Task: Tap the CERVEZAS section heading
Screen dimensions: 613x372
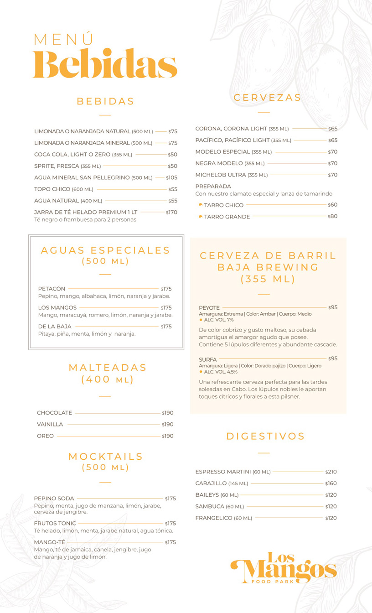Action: pyautogui.click(x=267, y=98)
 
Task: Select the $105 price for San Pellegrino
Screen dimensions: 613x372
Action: pyautogui.click(x=171, y=178)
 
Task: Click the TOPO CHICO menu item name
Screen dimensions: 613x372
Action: pyautogui.click(x=52, y=189)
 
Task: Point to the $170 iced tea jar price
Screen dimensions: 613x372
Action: pyautogui.click(x=171, y=213)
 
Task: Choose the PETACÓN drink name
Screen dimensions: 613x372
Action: pyautogui.click(x=52, y=289)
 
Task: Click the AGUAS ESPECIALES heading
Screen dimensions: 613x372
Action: pyautogui.click(x=105, y=250)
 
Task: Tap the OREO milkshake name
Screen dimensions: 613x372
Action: pyautogui.click(x=46, y=436)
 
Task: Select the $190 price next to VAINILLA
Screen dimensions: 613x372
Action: pyautogui.click(x=168, y=425)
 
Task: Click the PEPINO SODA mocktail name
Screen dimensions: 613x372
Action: pyautogui.click(x=54, y=499)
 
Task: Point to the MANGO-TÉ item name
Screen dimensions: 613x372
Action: pyautogui.click(x=50, y=542)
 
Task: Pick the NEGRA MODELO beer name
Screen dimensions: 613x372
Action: pyautogui.click(x=219, y=163)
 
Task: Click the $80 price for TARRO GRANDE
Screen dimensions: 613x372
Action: pyautogui.click(x=333, y=217)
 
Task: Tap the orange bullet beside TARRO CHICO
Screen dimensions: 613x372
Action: pyautogui.click(x=201, y=205)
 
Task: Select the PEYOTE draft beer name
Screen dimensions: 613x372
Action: pyautogui.click(x=209, y=308)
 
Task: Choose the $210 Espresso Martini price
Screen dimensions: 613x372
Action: pyautogui.click(x=331, y=472)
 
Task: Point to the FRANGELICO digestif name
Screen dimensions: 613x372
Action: pyautogui.click(x=214, y=518)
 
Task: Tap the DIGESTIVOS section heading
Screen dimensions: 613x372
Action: pyautogui.click(x=265, y=436)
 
